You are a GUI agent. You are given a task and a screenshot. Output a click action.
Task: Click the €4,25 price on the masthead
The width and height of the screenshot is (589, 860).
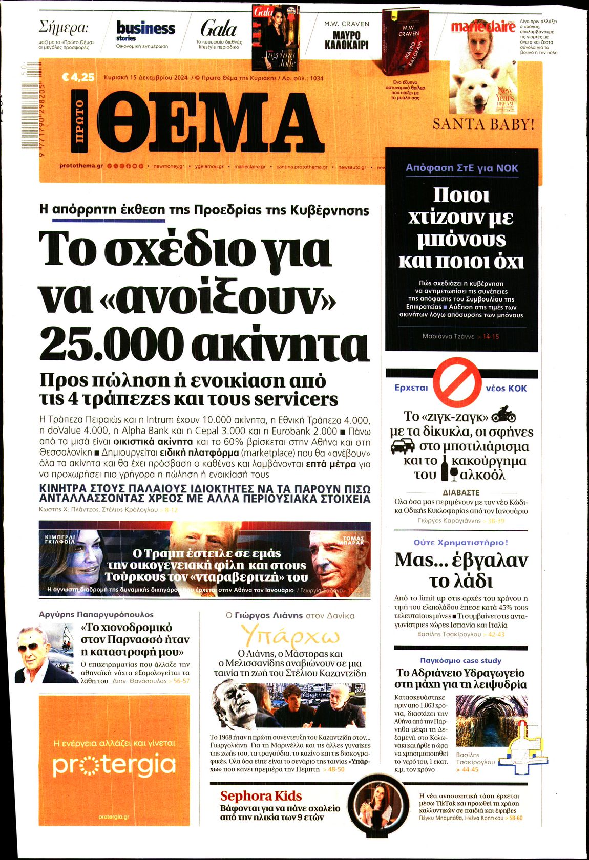pyautogui.click(x=78, y=78)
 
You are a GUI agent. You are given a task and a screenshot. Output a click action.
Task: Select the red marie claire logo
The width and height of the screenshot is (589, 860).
pyautogui.click(x=482, y=27)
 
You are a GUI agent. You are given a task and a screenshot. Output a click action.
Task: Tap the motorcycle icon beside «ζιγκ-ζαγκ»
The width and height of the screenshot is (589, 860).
pyautogui.click(x=503, y=415)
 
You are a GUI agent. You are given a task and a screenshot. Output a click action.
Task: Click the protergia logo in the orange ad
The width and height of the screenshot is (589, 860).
pyautogui.click(x=114, y=765)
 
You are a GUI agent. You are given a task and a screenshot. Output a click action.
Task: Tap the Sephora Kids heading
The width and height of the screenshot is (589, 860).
pyautogui.click(x=261, y=796)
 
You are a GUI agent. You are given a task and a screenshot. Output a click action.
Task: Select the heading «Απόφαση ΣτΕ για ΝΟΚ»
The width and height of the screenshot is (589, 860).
pyautogui.click(x=461, y=168)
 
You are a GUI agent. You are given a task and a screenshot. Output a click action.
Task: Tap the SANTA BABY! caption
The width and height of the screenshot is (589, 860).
pyautogui.click(x=483, y=124)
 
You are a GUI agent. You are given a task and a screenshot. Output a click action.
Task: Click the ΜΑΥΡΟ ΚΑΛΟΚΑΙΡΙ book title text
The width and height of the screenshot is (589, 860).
pyautogui.click(x=346, y=40)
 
